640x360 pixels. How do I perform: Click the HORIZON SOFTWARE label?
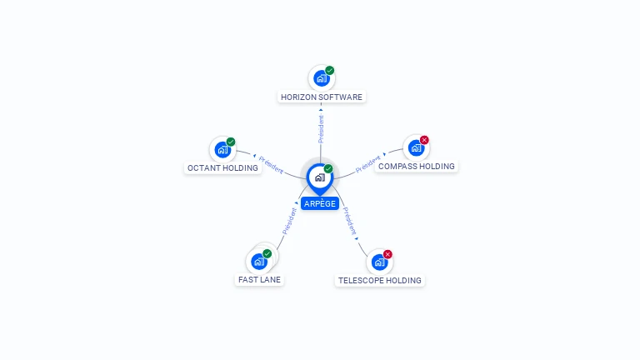coord(321,97)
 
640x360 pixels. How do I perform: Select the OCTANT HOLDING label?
coord(222,167)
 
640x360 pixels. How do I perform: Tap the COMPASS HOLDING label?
coord(417,166)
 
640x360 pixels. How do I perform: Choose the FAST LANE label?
coord(259,280)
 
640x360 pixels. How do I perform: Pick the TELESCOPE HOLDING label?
coord(380,280)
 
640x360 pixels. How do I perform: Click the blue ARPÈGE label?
coord(320,203)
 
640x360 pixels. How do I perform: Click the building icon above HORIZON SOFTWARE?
coord(321,78)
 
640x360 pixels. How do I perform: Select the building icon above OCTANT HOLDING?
coord(222,150)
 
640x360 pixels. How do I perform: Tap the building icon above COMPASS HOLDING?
coord(416,148)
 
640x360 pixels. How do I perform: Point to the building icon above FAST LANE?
coord(259,262)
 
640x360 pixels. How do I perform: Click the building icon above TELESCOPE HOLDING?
coord(380,262)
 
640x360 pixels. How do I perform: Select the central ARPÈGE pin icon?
coord(320,178)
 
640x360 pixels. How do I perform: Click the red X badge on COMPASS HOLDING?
coord(424,140)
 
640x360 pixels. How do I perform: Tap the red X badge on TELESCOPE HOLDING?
coord(387,254)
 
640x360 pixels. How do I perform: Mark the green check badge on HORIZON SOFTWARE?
coord(330,70)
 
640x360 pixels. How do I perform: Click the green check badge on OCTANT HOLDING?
coord(231,142)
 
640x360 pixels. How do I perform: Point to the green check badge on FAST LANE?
coord(267,253)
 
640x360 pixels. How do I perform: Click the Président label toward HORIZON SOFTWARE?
coord(321,129)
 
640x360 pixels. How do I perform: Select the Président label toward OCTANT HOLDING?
coord(271,165)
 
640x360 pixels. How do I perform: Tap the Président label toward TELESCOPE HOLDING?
coord(349,221)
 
